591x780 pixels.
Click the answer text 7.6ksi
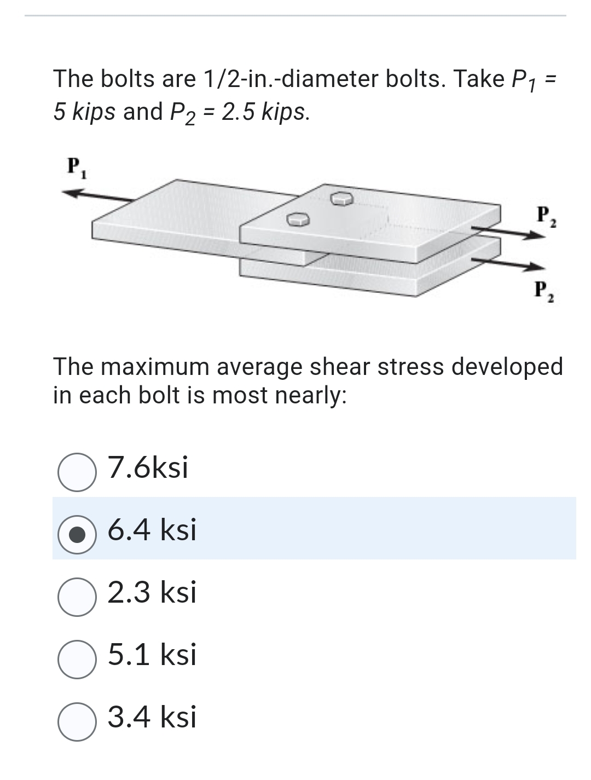[x=148, y=468]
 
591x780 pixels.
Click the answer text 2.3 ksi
[x=152, y=593]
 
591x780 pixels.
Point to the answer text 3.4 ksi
[x=152, y=718]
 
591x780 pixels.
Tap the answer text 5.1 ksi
[x=152, y=655]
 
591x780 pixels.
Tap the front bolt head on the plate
[x=298, y=219]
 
